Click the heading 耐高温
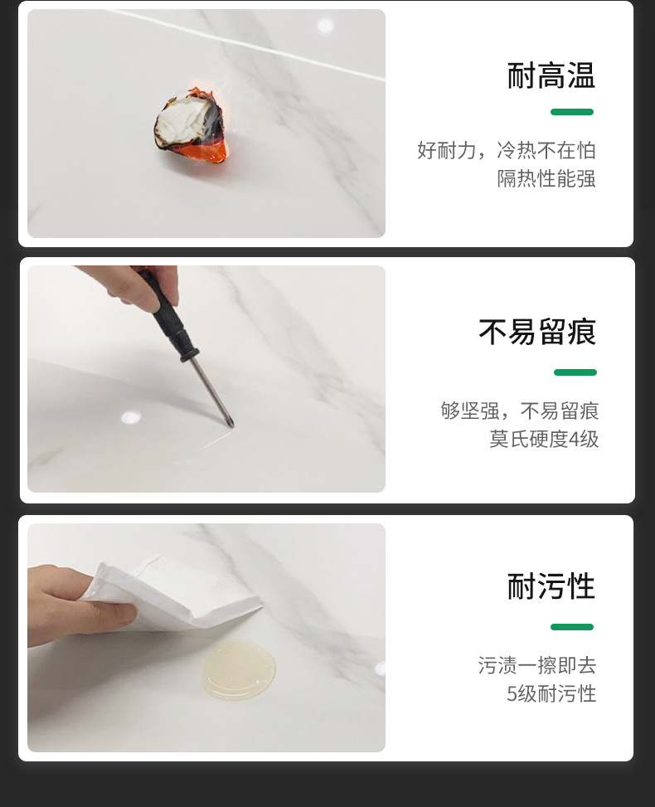click(551, 75)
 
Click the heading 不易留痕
click(537, 332)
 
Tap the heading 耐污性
click(551, 586)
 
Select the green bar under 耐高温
click(572, 112)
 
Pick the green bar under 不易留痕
click(575, 372)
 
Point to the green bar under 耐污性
click(572, 627)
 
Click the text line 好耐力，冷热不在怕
click(506, 150)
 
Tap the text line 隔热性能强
click(546, 178)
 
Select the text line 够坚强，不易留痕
click(519, 411)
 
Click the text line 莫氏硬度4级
click(543, 439)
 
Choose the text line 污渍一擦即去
click(536, 665)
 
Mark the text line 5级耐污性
click(551, 693)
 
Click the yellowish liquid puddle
click(238, 668)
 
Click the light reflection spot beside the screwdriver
click(131, 417)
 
